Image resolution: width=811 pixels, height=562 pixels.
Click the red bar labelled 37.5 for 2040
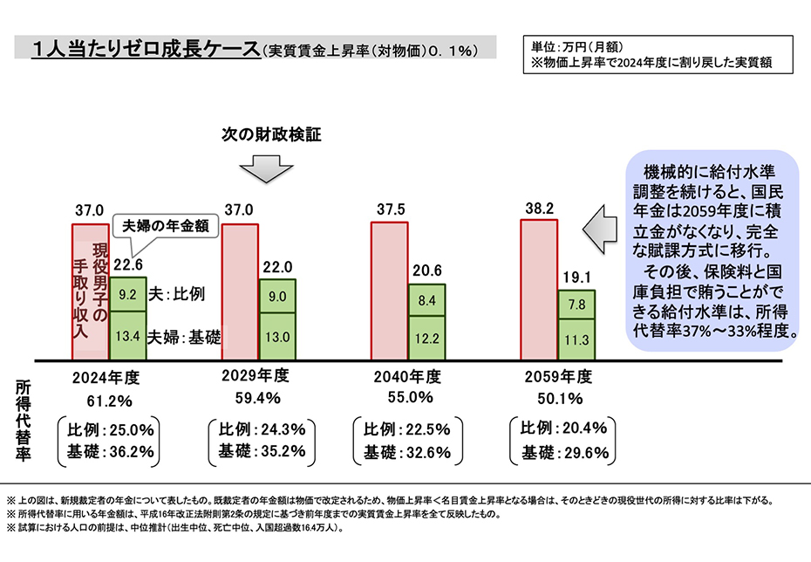[x=390, y=291]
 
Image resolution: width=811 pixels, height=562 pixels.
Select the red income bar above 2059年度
[x=538, y=289]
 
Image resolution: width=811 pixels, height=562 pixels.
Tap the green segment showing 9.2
[x=128, y=295]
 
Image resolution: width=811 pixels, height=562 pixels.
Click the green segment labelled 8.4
[x=426, y=301]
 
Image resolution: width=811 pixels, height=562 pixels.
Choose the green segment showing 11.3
[x=576, y=339]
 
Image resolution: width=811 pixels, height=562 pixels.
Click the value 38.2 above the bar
[x=537, y=209]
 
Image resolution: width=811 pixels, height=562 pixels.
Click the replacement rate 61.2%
[x=109, y=401]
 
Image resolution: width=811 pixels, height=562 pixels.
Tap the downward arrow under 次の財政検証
[x=265, y=168]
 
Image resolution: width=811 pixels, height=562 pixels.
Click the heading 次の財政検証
[x=271, y=135]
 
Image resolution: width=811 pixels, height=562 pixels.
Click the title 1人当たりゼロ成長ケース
[x=144, y=49]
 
